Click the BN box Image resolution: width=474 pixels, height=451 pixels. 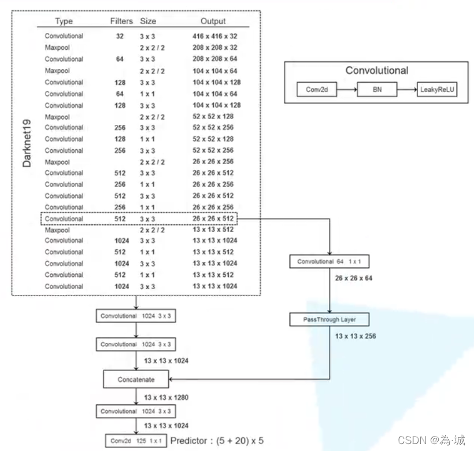377,90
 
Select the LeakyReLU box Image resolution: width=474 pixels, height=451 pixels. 437,90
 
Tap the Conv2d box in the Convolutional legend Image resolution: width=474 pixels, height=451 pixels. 317,90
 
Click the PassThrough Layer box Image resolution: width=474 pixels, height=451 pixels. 329,320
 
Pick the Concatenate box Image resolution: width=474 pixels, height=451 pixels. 136,379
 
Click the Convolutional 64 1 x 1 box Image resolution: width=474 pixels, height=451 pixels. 329,261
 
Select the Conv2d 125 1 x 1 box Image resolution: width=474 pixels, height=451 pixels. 136,441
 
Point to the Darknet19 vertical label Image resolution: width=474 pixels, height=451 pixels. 27,143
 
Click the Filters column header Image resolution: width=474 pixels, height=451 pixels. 121,21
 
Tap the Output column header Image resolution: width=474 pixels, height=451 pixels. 213,21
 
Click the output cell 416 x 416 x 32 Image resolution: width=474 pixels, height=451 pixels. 215,36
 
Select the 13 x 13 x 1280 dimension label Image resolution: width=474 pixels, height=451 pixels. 166,397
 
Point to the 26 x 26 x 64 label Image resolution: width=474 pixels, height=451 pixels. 354,278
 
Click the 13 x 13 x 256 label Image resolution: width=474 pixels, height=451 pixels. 355,336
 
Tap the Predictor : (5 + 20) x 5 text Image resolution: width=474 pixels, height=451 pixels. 217,441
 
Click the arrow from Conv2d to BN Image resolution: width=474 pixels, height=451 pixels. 347,90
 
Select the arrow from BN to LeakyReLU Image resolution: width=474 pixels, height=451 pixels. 407,90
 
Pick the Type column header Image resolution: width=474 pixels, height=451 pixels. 64,21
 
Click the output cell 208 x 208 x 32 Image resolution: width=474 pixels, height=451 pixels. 215,47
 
